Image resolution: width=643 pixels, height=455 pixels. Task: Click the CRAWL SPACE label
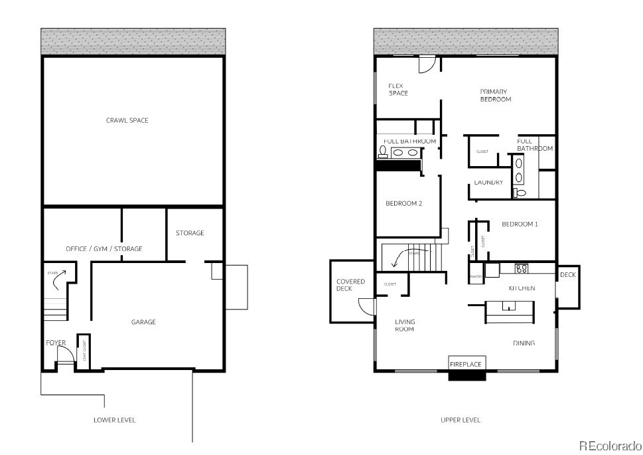(x=127, y=120)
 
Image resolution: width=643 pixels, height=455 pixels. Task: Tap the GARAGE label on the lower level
(x=143, y=322)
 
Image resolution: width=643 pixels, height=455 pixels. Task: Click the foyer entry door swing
(x=65, y=356)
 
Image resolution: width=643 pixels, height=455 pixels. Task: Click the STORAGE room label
(x=190, y=233)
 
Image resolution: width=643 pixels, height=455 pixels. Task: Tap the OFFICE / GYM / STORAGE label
(x=104, y=249)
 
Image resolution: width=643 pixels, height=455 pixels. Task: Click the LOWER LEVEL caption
(x=115, y=420)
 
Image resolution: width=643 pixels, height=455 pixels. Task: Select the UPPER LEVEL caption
(x=460, y=420)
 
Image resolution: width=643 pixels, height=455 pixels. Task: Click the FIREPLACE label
(x=466, y=365)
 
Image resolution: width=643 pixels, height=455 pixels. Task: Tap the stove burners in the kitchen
(x=522, y=268)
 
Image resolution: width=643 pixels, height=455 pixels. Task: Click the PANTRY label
(x=475, y=276)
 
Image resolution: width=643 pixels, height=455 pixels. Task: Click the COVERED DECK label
(x=350, y=285)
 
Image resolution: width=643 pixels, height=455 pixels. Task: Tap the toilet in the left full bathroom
(x=383, y=152)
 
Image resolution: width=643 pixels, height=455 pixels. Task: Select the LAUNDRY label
(x=488, y=183)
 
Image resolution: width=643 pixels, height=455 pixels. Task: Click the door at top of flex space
(x=426, y=64)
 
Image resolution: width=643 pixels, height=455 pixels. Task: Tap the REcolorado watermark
(x=608, y=445)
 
